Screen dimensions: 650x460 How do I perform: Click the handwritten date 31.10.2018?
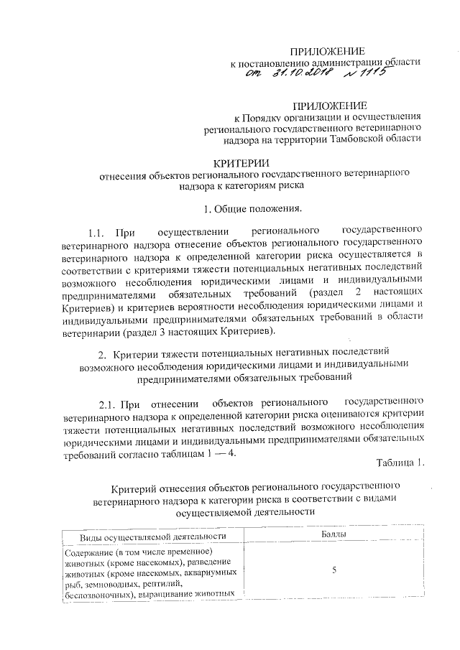[316, 74]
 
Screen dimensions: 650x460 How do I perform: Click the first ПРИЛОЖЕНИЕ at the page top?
[327, 50]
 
